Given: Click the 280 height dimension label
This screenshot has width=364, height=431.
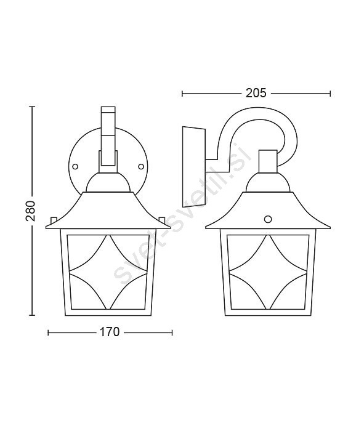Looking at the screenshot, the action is pyautogui.click(x=31, y=211).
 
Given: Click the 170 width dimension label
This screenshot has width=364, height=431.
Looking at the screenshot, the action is pyautogui.click(x=109, y=332).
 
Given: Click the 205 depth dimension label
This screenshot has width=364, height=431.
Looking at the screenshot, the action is pyautogui.click(x=256, y=93).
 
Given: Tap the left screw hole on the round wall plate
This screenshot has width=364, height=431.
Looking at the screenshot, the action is pyautogui.click(x=75, y=166).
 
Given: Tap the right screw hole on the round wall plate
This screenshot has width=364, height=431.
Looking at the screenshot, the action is pyautogui.click(x=141, y=166).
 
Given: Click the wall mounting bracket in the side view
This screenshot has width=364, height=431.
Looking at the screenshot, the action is pyautogui.click(x=194, y=167).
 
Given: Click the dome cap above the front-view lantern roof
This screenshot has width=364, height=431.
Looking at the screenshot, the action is pyautogui.click(x=108, y=182).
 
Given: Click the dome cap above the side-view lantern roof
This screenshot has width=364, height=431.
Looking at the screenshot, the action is pyautogui.click(x=268, y=182).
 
